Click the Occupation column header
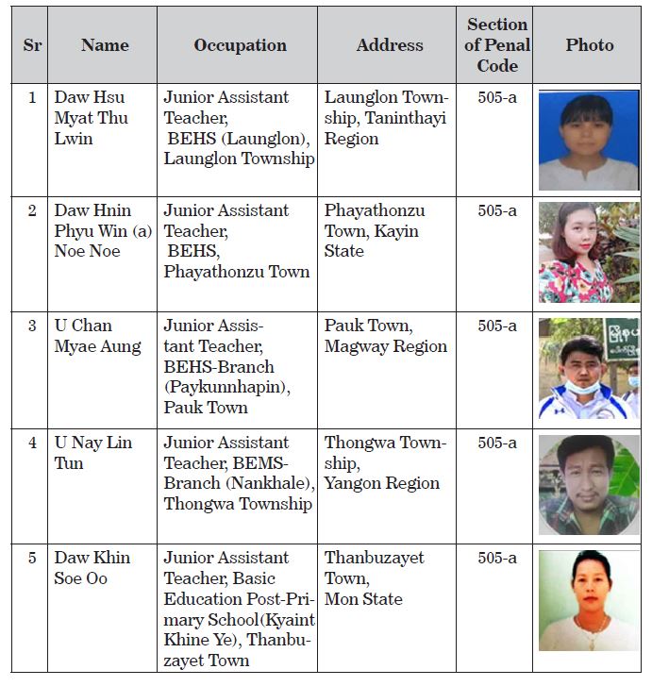240,45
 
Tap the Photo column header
590,45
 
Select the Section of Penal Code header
497,45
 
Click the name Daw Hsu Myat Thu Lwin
91,118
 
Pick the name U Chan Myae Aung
97,336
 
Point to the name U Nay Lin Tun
93,453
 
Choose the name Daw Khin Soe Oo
92,568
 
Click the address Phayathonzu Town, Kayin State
375,230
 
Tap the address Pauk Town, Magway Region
385,336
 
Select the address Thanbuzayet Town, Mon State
374,577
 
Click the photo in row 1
588,140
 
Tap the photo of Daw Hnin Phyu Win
588,252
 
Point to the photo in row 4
588,484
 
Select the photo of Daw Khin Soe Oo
588,600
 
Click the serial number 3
33,326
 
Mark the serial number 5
33,558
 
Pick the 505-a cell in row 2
497,210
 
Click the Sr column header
33,45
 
